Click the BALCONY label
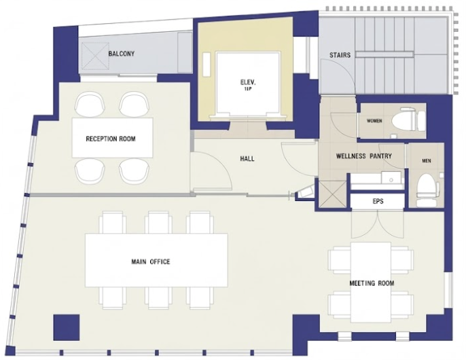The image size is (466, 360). (121, 54)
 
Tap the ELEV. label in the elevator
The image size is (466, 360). (247, 82)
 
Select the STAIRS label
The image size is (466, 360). (340, 55)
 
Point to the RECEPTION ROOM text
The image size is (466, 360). (111, 139)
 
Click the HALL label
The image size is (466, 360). (247, 159)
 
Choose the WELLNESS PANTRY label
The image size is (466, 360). (364, 156)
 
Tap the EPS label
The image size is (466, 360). (378, 201)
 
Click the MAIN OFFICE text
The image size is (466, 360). (151, 262)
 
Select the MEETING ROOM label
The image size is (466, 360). (372, 283)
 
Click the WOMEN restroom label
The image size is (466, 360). (374, 121)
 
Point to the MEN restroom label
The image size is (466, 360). (427, 161)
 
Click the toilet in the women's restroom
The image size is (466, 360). (405, 120)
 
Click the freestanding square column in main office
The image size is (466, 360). (67, 327)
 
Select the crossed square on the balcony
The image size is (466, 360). (95, 56)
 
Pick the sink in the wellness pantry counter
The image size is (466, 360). (391, 178)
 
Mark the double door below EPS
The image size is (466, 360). (378, 223)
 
